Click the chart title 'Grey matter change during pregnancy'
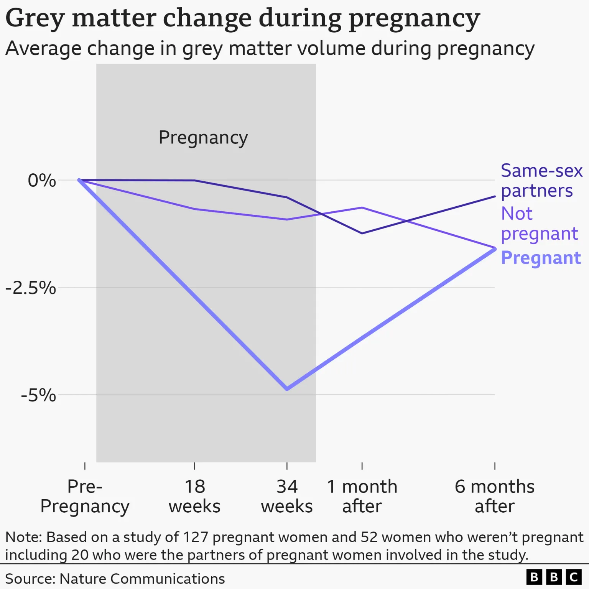point(242,18)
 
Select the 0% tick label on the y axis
point(42,180)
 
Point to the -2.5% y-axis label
point(31,288)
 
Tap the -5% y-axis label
point(38,395)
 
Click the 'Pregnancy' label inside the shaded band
point(203,137)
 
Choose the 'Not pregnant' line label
point(539,224)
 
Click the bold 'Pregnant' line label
point(541,258)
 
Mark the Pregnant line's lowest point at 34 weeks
point(287,389)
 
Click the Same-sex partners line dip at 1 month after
point(362,233)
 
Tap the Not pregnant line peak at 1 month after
point(362,208)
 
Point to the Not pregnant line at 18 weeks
point(195,209)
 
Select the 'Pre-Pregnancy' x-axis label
point(85,496)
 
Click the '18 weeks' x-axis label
point(195,496)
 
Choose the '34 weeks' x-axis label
point(287,496)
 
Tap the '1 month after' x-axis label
point(362,496)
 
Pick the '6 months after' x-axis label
point(495,496)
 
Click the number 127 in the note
point(196,537)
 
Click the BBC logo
point(554,577)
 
